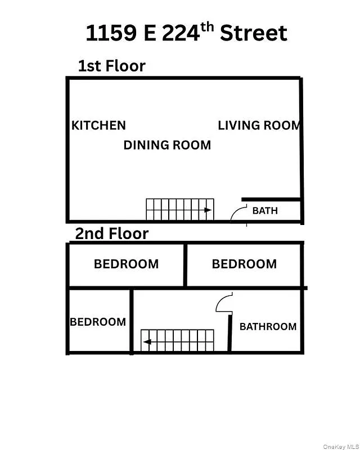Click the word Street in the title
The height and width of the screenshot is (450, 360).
(x=253, y=34)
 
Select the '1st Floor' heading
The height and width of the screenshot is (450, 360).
(x=111, y=66)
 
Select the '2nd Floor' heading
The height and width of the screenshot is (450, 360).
(x=112, y=233)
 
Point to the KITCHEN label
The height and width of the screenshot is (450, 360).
(x=98, y=125)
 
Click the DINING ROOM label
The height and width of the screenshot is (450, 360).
(x=167, y=145)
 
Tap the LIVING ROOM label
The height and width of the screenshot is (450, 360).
(x=259, y=125)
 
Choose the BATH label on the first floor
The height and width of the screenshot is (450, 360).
(x=265, y=211)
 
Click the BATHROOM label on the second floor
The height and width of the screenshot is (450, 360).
(x=268, y=326)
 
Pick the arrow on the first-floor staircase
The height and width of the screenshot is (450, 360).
(x=208, y=210)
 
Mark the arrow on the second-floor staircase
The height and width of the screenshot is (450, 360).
(x=147, y=341)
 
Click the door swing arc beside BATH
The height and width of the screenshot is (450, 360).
(x=237, y=212)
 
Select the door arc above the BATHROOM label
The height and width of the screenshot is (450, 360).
(x=223, y=302)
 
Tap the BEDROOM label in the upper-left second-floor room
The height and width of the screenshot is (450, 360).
(x=126, y=264)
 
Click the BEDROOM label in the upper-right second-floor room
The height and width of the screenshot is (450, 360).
(x=244, y=264)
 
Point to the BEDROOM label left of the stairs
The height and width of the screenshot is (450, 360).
(x=98, y=322)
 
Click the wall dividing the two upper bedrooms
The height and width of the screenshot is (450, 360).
(x=184, y=264)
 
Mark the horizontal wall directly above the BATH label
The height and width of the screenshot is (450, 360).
(x=271, y=199)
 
